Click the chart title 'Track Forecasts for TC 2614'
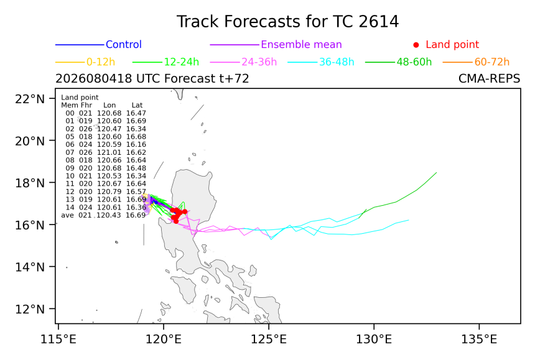[x=287, y=22]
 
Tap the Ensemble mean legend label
[x=301, y=45]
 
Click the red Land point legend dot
[x=416, y=45]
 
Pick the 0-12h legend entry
[x=101, y=62]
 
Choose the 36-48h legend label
[x=337, y=62]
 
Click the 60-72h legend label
[x=491, y=62]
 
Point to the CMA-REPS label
[x=490, y=79]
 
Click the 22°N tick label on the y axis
[x=30, y=99]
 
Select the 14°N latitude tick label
[x=30, y=267]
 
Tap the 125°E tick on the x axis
[x=269, y=339]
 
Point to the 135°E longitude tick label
[x=479, y=339]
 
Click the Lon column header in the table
[x=109, y=105]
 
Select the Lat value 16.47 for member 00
[x=136, y=113]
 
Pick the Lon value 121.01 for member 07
[x=109, y=152]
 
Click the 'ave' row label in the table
[x=68, y=215]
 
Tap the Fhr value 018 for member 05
[x=86, y=137]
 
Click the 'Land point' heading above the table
[x=80, y=98]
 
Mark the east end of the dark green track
[x=436, y=172]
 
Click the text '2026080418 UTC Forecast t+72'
[x=152, y=79]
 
